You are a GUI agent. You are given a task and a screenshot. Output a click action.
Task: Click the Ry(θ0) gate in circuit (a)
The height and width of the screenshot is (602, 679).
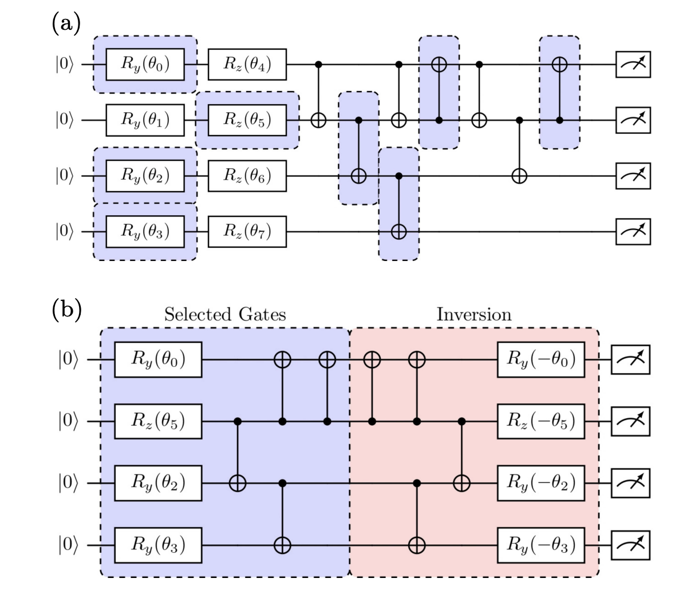pyautogui.click(x=145, y=64)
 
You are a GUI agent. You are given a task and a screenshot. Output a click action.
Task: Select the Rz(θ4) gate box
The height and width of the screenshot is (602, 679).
pyautogui.click(x=247, y=64)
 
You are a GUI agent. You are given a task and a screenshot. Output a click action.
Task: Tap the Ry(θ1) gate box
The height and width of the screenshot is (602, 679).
pyautogui.click(x=145, y=120)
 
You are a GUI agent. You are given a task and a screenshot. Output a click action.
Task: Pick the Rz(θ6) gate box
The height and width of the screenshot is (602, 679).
pyautogui.click(x=247, y=176)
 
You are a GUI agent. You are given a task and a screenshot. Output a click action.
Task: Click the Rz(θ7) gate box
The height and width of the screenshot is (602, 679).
pyautogui.click(x=247, y=231)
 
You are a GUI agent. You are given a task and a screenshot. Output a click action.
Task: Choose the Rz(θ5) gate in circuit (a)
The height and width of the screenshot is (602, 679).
pyautogui.click(x=247, y=120)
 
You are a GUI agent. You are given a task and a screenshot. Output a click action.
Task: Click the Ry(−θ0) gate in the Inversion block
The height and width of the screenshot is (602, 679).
pyautogui.click(x=540, y=360)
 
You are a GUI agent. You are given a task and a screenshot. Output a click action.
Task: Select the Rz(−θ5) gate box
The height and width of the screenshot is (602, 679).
pyautogui.click(x=540, y=421)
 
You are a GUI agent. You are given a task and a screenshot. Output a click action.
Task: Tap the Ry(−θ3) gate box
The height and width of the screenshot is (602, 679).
pyautogui.click(x=540, y=545)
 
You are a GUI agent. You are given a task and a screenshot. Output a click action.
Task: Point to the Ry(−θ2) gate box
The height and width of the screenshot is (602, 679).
pyautogui.click(x=540, y=483)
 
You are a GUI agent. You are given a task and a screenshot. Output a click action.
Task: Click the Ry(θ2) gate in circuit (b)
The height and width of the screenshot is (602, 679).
pyautogui.click(x=158, y=483)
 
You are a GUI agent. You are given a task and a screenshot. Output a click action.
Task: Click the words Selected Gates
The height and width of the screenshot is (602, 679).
pyautogui.click(x=224, y=314)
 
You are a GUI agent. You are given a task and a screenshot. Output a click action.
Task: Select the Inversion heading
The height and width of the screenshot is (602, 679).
pyautogui.click(x=473, y=314)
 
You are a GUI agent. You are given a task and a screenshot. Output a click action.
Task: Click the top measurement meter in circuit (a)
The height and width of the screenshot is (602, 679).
pyautogui.click(x=633, y=64)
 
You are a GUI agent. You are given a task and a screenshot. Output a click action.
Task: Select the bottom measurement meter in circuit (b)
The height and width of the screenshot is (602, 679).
pyautogui.click(x=631, y=545)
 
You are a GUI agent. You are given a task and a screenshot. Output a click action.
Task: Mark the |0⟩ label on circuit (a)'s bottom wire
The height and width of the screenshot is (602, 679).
pyautogui.click(x=65, y=231)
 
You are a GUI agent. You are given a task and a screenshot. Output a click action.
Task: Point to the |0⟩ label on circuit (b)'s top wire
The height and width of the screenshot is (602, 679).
pyautogui.click(x=67, y=360)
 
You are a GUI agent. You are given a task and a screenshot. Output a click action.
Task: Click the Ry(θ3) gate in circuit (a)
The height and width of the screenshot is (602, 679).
pyautogui.click(x=145, y=231)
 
